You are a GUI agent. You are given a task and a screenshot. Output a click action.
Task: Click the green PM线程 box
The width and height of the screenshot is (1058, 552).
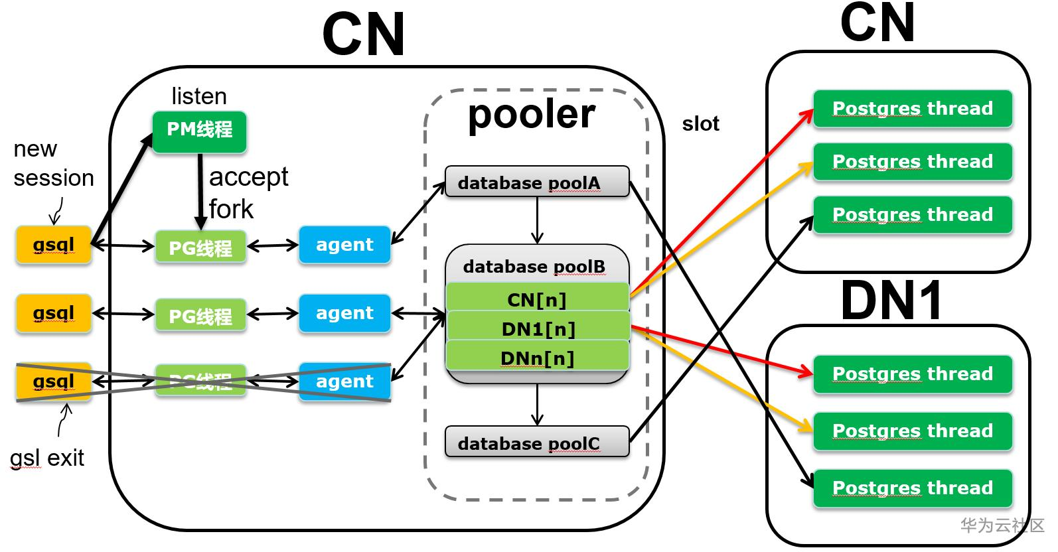click(199, 131)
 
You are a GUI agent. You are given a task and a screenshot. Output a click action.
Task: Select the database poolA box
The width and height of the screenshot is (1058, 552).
click(536, 182)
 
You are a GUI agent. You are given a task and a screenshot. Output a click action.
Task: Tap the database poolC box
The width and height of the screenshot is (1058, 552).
click(536, 443)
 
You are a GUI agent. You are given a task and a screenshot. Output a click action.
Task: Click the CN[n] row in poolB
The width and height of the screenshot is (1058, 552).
click(536, 299)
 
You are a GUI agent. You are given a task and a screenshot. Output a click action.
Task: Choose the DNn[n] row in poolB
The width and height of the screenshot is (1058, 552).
click(536, 357)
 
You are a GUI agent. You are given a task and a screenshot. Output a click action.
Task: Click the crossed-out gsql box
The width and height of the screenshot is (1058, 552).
click(54, 381)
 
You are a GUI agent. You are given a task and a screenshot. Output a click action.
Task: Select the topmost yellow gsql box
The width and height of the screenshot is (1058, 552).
click(54, 245)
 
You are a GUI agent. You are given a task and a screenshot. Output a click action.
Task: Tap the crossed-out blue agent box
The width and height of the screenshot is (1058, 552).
click(344, 381)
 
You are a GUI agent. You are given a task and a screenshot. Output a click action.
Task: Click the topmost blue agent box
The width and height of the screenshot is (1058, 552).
click(344, 245)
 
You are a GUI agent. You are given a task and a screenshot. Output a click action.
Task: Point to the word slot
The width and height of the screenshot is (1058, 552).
click(700, 124)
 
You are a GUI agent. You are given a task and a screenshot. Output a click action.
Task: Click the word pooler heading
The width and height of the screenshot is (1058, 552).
click(531, 114)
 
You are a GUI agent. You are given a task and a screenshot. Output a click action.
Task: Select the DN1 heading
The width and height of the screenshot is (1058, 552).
click(891, 301)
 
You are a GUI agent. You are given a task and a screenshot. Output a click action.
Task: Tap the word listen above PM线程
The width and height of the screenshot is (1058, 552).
click(199, 96)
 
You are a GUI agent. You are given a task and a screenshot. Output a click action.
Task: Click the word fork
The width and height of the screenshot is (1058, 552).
click(231, 209)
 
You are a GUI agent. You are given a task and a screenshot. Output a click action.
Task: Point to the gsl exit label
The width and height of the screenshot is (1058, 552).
click(47, 458)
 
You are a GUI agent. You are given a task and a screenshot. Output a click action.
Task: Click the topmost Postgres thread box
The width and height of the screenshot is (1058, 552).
click(913, 109)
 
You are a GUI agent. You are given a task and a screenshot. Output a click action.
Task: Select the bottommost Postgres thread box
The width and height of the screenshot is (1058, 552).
click(913, 488)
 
